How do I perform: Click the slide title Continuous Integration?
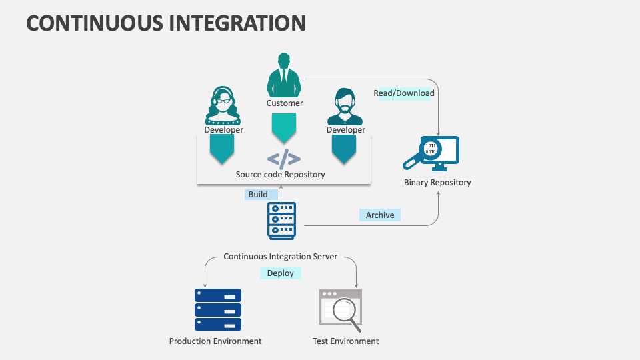point(166,23)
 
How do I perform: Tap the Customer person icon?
point(284,75)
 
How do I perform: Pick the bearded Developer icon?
point(345,106)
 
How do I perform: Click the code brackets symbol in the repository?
point(284,159)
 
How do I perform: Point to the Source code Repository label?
point(281,175)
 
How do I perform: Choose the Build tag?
point(259,195)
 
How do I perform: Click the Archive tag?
point(380,215)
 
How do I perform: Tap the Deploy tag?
point(281,273)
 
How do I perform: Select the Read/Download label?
point(404,93)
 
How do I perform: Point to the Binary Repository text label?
point(437,183)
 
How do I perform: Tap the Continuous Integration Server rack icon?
point(281,221)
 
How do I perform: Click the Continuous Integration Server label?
point(281,256)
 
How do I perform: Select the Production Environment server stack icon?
point(218,309)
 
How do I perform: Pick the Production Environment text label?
point(215,341)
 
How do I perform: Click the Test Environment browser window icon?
point(341,310)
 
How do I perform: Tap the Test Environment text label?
point(345,341)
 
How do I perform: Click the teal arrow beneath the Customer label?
point(284,127)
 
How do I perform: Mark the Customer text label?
point(285,103)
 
